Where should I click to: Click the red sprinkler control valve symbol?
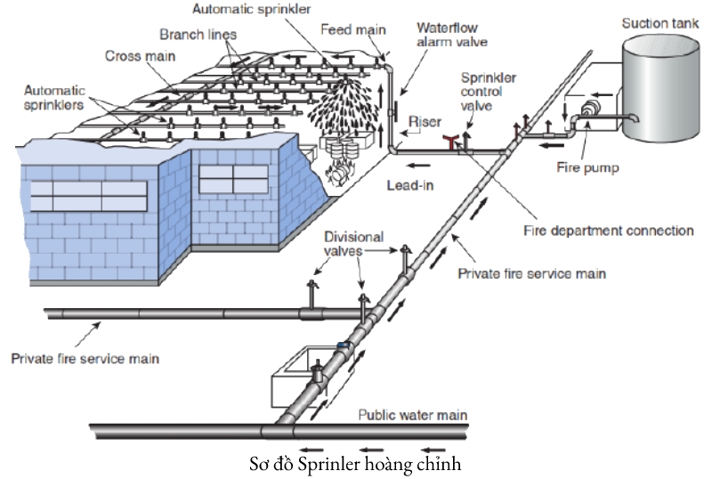[451, 140]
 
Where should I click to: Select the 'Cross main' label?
[140, 55]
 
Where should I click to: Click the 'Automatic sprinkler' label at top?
[249, 9]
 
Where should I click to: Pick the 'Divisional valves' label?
[353, 244]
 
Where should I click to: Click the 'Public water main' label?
[412, 415]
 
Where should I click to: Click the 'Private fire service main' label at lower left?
[85, 359]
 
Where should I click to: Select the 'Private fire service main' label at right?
[531, 273]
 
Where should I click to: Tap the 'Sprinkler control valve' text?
[488, 91]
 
